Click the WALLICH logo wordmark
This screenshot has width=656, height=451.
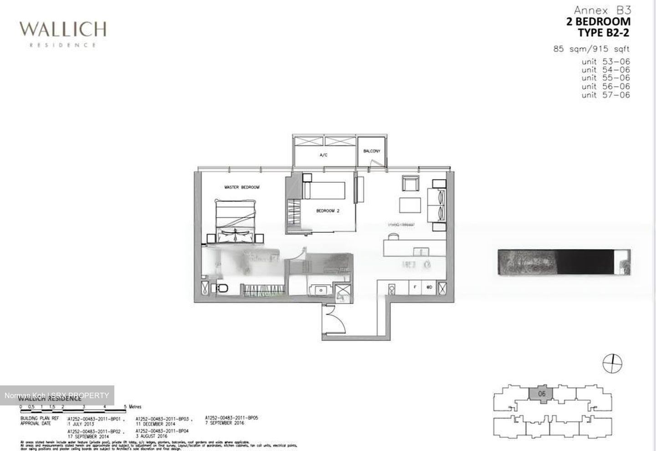[62, 30]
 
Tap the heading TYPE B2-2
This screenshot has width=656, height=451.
[604, 33]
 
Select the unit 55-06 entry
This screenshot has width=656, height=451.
[605, 78]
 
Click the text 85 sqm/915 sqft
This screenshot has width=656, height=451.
[592, 49]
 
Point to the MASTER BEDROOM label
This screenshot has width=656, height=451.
[241, 187]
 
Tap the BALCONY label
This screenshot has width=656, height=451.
[372, 151]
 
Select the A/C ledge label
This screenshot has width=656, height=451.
[323, 155]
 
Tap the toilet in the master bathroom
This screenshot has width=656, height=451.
[222, 288]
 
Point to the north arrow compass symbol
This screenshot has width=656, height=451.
[613, 364]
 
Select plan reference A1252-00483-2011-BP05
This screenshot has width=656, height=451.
[231, 417]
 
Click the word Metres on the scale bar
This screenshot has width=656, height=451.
[135, 406]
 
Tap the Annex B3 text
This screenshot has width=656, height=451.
[602, 10]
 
